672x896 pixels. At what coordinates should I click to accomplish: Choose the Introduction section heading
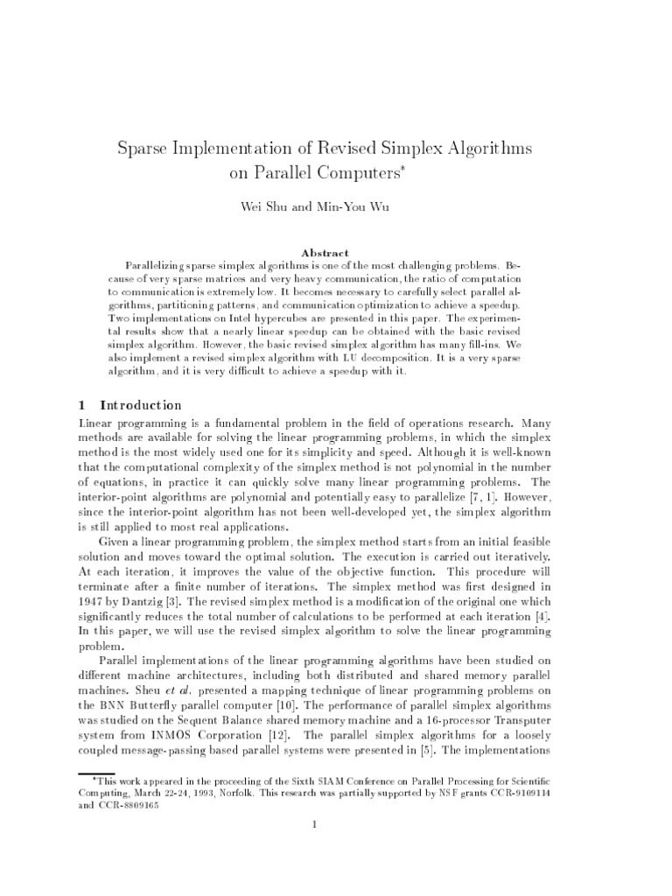[141, 405]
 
